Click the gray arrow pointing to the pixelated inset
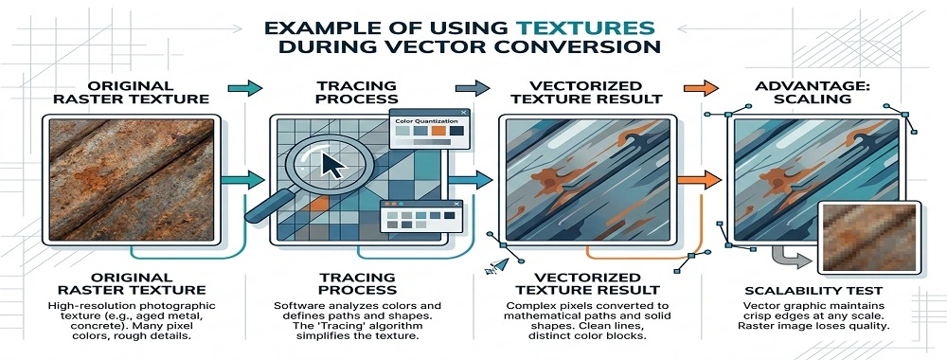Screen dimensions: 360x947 [785, 254]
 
